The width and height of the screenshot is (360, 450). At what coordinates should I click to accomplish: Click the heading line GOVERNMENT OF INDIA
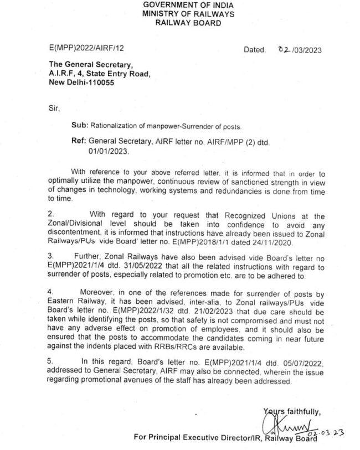181,5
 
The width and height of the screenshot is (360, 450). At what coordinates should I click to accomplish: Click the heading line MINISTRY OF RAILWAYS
181,14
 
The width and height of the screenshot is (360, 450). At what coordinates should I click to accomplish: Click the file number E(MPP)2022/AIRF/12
81,49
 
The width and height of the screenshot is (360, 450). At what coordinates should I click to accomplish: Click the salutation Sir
54,109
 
